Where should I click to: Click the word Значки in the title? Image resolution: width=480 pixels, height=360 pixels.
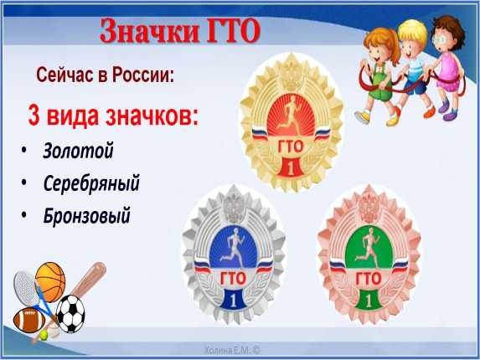(x=151, y=31)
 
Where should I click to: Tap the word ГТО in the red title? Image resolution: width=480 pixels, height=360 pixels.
(x=234, y=31)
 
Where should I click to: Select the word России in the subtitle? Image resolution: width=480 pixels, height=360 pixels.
(x=143, y=75)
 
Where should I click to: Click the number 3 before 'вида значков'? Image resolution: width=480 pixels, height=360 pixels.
(x=34, y=116)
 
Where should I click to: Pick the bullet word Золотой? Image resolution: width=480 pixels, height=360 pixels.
(x=78, y=151)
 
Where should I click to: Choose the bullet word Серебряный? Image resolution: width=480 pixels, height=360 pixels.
(x=91, y=183)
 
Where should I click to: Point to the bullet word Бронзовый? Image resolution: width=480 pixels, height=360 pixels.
(x=86, y=216)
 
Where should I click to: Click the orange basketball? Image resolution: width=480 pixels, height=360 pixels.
(x=50, y=281)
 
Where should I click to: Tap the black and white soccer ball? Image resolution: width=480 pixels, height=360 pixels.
(x=70, y=313)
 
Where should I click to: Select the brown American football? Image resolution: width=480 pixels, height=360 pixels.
(x=29, y=320)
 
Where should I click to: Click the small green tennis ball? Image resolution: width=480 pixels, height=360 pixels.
(x=44, y=336)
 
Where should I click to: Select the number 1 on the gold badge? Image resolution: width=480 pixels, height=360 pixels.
(x=292, y=167)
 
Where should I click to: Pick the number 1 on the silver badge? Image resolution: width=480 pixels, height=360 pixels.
(x=233, y=300)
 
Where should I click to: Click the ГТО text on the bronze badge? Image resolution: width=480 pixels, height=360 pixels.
(x=369, y=279)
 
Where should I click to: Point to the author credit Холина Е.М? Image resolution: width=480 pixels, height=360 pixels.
(x=232, y=351)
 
